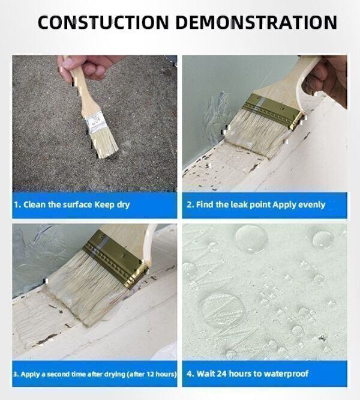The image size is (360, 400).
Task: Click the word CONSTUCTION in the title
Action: [103, 22]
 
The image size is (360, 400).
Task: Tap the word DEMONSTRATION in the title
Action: [256, 22]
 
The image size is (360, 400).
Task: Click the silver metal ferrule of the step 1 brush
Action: [95, 124]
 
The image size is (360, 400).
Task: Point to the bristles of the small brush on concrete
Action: [105, 145]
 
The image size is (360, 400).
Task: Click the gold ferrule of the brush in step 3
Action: [116, 258]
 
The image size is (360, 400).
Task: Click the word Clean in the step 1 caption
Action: [34, 205]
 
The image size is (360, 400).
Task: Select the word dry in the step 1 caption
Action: [124, 205]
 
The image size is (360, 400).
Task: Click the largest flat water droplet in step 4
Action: [224, 311]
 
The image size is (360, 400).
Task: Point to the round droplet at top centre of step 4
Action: [252, 239]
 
